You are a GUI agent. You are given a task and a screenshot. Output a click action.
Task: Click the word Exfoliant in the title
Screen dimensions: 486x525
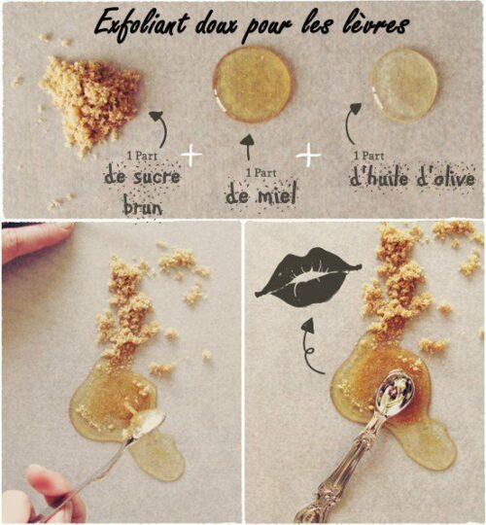142,22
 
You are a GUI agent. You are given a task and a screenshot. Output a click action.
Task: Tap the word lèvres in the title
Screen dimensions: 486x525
376,24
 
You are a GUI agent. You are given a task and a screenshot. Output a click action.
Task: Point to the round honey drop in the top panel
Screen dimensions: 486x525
252,85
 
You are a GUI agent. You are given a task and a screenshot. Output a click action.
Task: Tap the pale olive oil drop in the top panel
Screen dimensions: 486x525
403,85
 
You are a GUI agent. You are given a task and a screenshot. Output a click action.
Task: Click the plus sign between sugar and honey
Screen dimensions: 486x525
191,155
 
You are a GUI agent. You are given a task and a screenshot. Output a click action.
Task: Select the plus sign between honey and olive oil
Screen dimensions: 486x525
308,155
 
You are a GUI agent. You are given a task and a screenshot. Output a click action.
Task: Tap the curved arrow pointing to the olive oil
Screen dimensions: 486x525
348,123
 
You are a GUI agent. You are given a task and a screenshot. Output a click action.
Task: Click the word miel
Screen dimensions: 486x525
276,194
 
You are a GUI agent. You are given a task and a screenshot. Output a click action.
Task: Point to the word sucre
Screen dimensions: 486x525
156,176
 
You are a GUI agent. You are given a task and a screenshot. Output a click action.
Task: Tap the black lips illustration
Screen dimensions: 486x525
308,277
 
